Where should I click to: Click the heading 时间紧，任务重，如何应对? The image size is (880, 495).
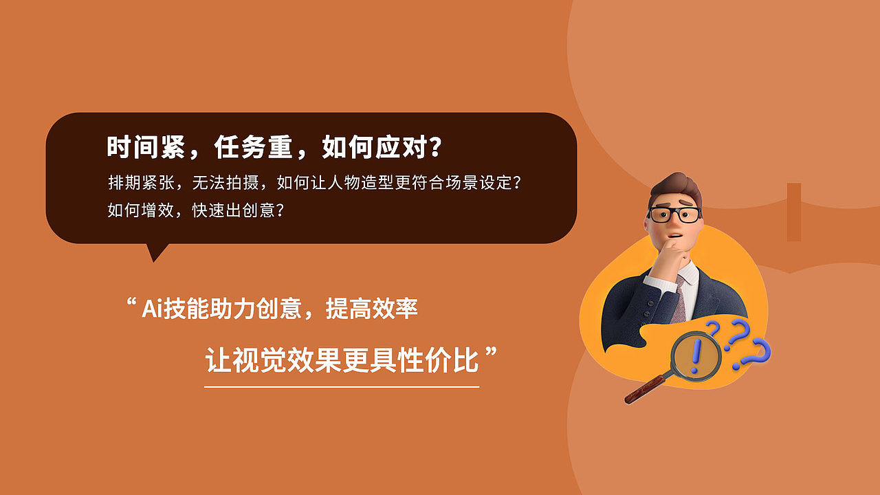pos(274,147)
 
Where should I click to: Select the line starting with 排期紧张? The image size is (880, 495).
pos(315,183)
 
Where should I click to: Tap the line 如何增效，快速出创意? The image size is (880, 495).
pos(196,210)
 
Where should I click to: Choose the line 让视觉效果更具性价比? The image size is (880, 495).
pos(342,360)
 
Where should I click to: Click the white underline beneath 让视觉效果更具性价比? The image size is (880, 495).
pos(342,386)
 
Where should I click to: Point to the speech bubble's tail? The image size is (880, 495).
pos(157,252)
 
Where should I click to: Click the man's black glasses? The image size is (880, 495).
pos(674,214)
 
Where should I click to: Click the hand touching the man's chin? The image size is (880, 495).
pos(676,258)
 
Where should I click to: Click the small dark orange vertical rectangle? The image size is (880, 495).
pos(794,212)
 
